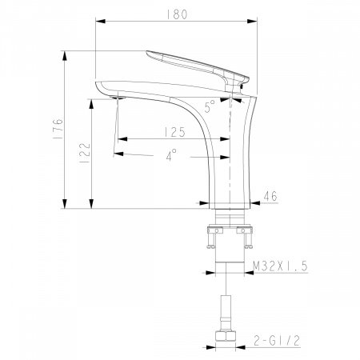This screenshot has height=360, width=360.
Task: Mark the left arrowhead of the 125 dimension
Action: [x=121, y=136]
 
